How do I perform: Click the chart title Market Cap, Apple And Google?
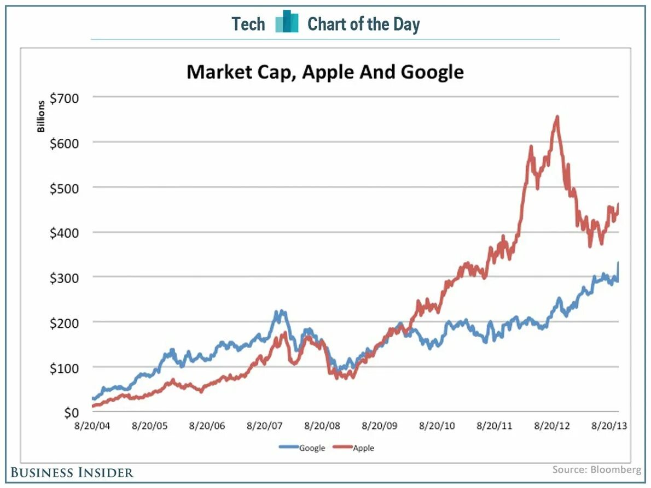pyautogui.click(x=325, y=72)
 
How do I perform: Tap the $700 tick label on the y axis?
pyautogui.click(x=65, y=98)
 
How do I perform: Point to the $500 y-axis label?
pyautogui.click(x=65, y=188)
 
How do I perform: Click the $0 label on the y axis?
pyautogui.click(x=71, y=413)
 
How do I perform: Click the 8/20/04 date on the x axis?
pyautogui.click(x=96, y=426)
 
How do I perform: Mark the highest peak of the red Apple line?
pyautogui.click(x=557, y=116)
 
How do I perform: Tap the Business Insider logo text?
pyautogui.click(x=72, y=472)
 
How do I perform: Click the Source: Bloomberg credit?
pyautogui.click(x=596, y=469)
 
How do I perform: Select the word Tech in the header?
pyautogui.click(x=248, y=24)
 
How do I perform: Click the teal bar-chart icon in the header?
pyautogui.click(x=287, y=22)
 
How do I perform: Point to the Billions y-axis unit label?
pyautogui.click(x=42, y=117)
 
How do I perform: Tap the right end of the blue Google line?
pyautogui.click(x=618, y=263)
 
